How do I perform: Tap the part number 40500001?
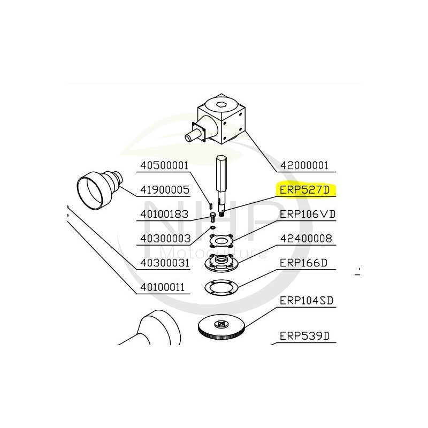pos(164,166)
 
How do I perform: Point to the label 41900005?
pos(164,189)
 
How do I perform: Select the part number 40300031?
pos(164,263)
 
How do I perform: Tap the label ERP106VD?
pos(307,214)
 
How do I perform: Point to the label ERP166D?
pos(303,263)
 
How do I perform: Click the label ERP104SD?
pos(307,301)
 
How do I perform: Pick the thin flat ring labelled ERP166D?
pos(222,287)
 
